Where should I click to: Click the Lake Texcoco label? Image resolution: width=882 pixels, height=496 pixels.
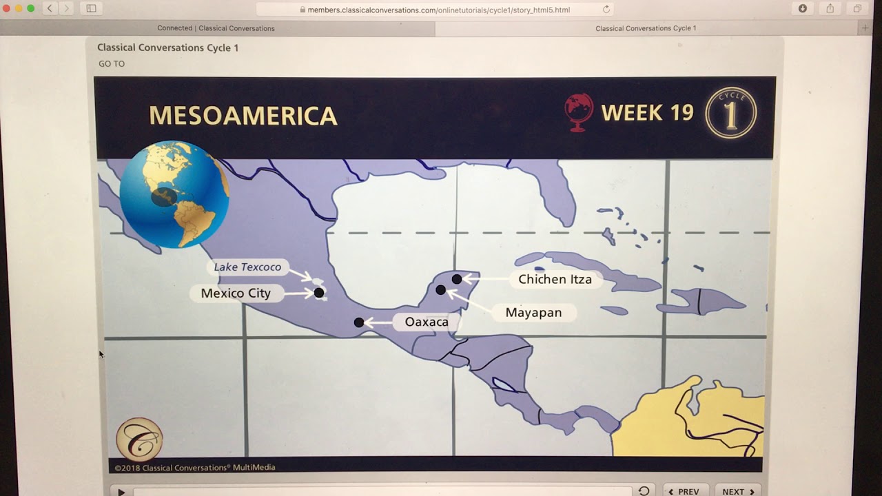tap(247, 267)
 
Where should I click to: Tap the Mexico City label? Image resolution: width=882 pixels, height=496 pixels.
tap(236, 293)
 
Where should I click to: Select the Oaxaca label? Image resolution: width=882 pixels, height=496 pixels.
tap(427, 322)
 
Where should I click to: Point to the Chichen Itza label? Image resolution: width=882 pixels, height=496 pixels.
tap(555, 279)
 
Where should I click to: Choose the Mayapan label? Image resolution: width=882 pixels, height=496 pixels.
tap(533, 313)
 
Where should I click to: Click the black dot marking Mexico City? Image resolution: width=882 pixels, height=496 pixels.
tap(319, 293)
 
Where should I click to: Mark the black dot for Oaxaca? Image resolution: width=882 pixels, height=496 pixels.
tap(359, 322)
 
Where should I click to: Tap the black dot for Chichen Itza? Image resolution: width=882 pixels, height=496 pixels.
tap(457, 279)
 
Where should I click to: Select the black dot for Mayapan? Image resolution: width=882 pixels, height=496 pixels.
tap(441, 290)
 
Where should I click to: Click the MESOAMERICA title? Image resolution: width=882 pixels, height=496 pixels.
tap(243, 116)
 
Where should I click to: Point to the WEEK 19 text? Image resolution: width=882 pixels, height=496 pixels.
tap(647, 113)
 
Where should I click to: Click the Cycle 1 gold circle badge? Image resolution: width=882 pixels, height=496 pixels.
tap(730, 112)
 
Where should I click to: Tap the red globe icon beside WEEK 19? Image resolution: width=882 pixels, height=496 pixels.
tap(579, 112)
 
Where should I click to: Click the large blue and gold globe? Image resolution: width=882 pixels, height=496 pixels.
tap(174, 194)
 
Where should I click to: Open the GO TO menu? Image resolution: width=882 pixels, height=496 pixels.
tap(112, 64)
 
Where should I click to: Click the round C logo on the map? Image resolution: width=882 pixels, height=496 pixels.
tap(139, 439)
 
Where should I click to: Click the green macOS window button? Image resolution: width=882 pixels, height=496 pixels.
tap(30, 8)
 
